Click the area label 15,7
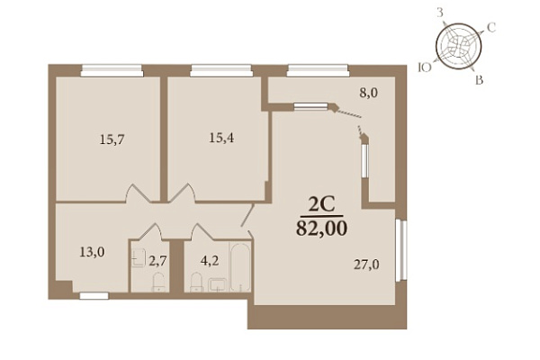112,139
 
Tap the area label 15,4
221,138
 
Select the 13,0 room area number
92,252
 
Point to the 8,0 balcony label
368,93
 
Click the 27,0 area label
367,265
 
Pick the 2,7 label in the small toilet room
157,261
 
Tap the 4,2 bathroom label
210,261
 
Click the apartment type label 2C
321,204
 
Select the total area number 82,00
321,228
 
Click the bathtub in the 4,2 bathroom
240,267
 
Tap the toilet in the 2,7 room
158,283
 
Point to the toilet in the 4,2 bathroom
196,283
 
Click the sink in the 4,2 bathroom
217,285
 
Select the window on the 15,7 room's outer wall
112,70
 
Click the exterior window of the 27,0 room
400,250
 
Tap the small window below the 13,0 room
94,295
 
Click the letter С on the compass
491,27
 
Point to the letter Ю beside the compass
425,67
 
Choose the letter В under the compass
479,80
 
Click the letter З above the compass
440,13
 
